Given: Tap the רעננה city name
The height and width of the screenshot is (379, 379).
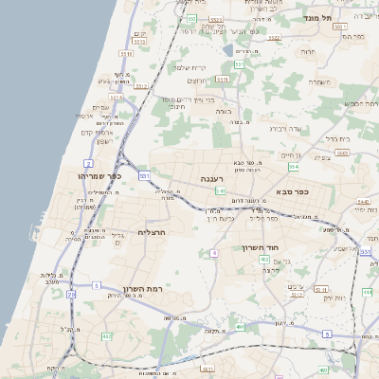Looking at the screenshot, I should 212,178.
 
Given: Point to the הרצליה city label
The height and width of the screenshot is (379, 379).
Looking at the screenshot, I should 152,231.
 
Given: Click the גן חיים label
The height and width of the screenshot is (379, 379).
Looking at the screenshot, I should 290,155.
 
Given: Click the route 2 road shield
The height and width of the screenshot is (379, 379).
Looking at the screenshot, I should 88,163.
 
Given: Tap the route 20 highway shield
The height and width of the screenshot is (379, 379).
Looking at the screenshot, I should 70,295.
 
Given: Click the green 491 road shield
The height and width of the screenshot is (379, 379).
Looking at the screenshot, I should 240,328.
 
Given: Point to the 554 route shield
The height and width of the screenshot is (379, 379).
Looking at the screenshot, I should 294,167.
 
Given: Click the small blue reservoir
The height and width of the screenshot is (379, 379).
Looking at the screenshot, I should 227,49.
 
